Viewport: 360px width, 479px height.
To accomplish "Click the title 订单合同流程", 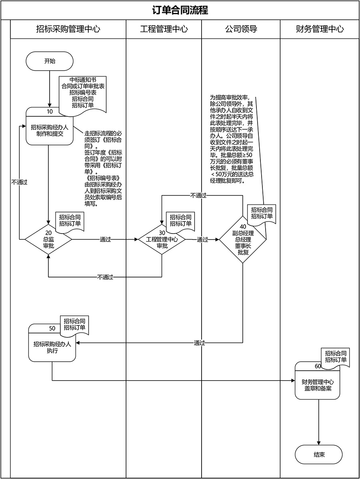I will coord(180,10).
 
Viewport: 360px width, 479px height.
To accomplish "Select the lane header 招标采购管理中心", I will coord(68,29).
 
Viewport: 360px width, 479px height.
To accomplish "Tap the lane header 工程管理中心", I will coord(164,29).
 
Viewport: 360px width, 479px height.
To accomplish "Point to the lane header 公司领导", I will coord(240,29).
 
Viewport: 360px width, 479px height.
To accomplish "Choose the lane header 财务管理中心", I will coord(319,29).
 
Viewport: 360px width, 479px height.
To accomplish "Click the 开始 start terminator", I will coord(50,62).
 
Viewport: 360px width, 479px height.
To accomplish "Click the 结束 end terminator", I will coord(319,455).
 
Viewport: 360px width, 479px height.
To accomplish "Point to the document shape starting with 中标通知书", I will coord(83,93).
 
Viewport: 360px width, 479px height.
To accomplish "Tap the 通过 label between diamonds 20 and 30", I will coord(105,240).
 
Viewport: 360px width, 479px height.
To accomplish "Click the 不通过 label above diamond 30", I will coord(198,196).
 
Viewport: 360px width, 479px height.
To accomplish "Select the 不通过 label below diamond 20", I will coord(105,277).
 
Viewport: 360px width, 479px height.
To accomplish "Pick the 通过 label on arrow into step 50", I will coord(199,343).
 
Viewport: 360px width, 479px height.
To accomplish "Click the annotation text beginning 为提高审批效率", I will coord(232,139).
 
